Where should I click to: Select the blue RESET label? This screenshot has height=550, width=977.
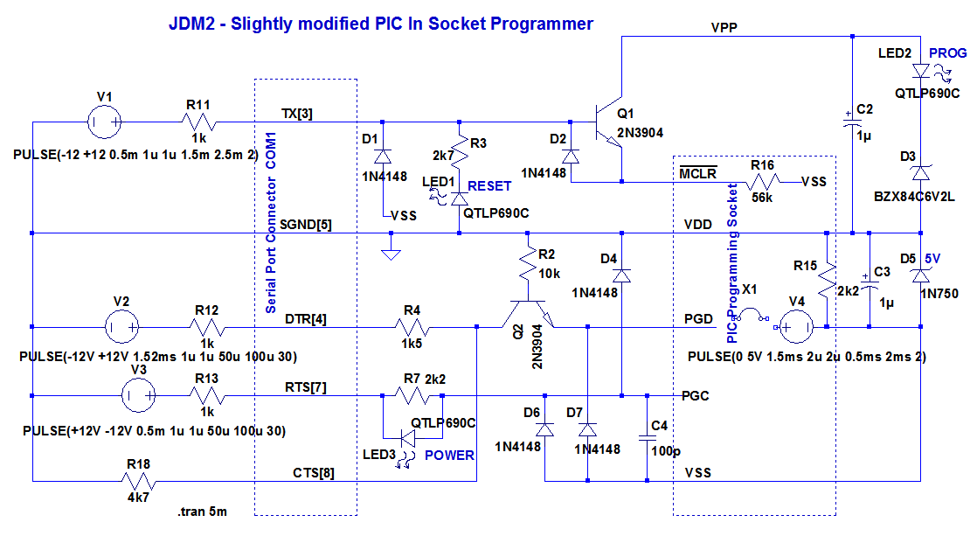[489, 186]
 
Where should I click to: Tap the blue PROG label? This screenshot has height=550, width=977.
[948, 53]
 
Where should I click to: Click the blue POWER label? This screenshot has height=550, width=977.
[449, 456]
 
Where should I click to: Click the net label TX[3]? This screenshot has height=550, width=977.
[296, 114]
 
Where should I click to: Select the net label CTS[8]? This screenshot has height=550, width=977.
[313, 473]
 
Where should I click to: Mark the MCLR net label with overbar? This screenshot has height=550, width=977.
[698, 173]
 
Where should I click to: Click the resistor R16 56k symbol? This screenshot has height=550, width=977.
[761, 182]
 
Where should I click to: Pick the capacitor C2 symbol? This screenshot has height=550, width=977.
[851, 123]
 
